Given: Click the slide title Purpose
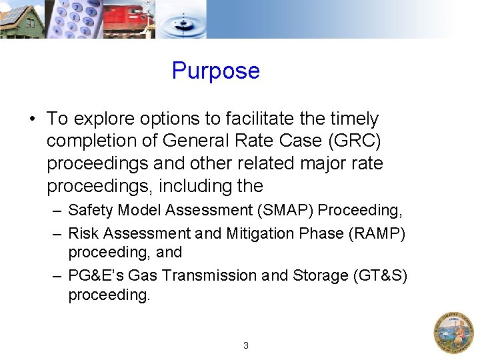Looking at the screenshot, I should tap(215, 71).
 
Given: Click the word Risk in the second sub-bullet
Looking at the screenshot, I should tap(82, 234).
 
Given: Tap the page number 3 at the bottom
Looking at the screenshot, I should tap(246, 346).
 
